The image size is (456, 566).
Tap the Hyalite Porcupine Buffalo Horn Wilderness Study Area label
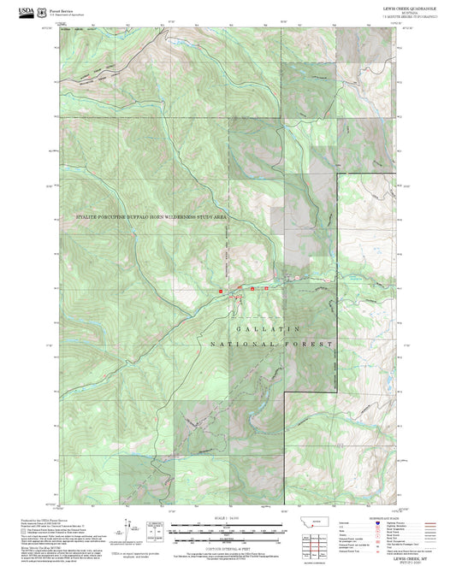[x=151, y=218]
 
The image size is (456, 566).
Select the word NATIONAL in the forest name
[x=241, y=344]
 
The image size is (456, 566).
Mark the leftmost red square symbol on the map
[x=221, y=291]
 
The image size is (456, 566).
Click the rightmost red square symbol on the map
[x=266, y=289]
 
